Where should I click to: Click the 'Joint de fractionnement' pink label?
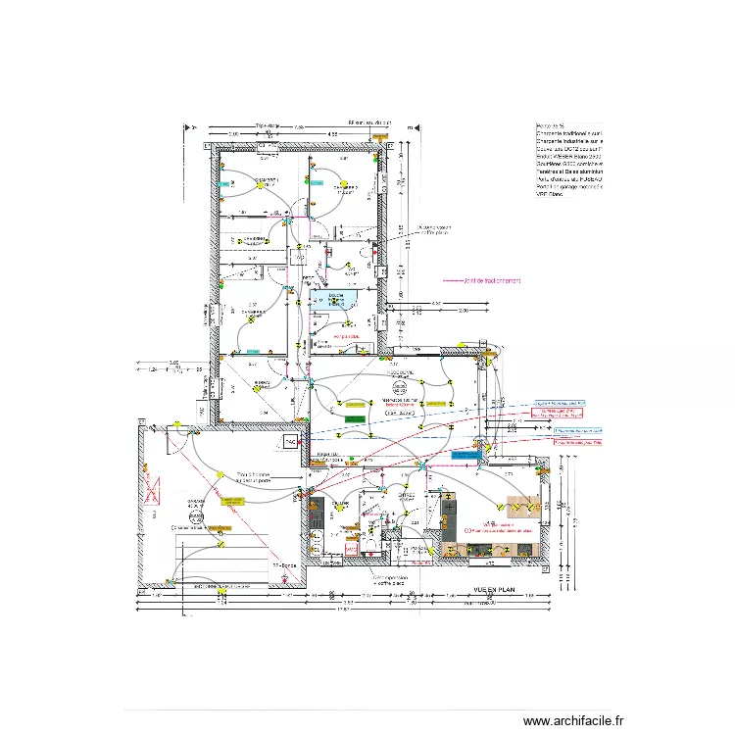point(481,280)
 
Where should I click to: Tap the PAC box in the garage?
point(290,442)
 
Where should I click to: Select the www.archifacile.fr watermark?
point(572,719)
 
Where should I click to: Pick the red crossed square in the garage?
point(152,487)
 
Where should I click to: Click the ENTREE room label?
point(327,456)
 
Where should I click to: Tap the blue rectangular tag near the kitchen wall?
point(461,456)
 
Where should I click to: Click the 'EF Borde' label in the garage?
point(284,565)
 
